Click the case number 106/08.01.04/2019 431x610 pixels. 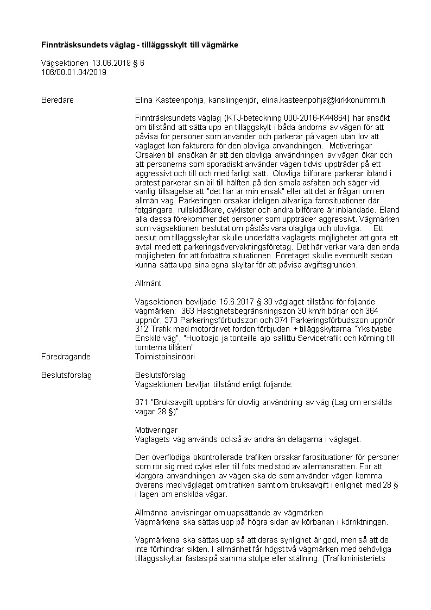(x=74, y=72)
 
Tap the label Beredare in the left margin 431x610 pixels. (x=58, y=100)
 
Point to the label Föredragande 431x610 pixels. (x=66, y=357)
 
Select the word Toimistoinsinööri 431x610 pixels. (x=164, y=357)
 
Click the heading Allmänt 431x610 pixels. (x=148, y=283)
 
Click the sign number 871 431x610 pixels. (x=141, y=402)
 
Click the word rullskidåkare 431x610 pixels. (x=198, y=209)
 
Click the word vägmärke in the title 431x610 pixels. (x=220, y=44)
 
